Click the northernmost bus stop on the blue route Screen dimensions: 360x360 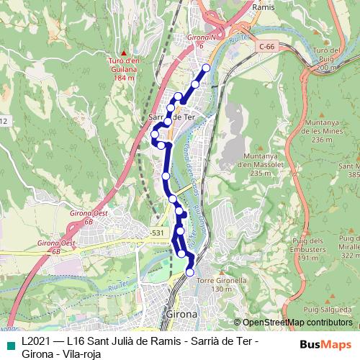(206, 68)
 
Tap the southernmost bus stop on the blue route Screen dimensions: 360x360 (190, 272)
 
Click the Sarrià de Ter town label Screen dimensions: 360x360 (171, 117)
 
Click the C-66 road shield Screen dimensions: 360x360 (266, 47)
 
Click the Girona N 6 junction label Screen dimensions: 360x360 (202, 40)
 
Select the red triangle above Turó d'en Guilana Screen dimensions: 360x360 (124, 53)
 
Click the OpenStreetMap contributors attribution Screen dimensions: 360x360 (293, 323)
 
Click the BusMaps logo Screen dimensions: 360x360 (326, 344)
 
